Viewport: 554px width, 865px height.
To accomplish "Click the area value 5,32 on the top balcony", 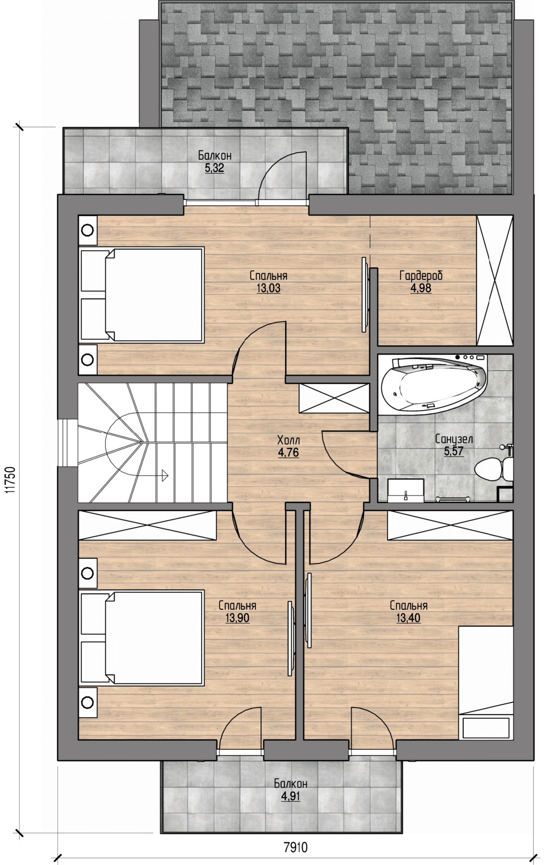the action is [x=214, y=168].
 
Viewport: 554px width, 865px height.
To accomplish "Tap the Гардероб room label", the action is [x=421, y=276].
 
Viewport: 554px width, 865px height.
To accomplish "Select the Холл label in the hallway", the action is [x=289, y=440].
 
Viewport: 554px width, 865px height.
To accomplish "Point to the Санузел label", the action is [x=454, y=439].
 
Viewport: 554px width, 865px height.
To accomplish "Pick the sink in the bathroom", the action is [x=405, y=490].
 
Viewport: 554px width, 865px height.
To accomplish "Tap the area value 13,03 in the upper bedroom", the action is [x=268, y=289].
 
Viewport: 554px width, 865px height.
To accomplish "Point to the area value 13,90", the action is [x=237, y=618].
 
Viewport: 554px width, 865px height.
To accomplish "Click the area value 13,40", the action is [x=408, y=618].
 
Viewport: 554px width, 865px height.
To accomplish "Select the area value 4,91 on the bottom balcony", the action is [x=290, y=796].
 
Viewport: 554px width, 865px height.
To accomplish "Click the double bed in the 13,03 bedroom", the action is [x=142, y=295].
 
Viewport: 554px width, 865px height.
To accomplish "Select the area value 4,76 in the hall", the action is [x=289, y=453].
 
